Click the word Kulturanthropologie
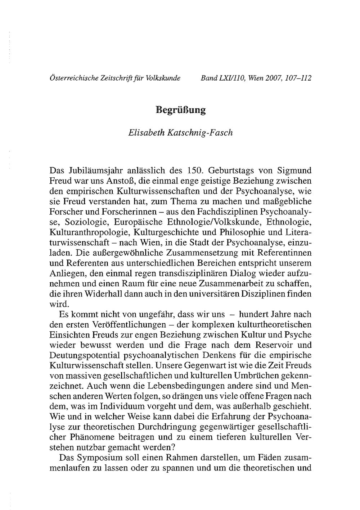click(91, 230)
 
